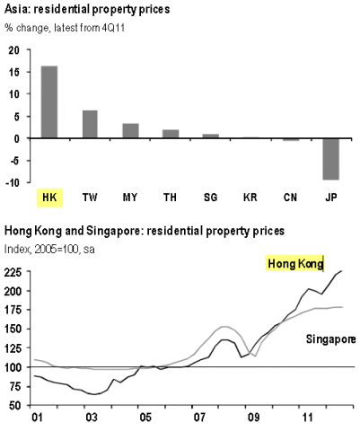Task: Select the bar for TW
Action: pos(89,124)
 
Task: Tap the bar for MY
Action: pos(130,131)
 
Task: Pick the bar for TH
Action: pos(171,134)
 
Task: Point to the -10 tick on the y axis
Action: pos(11,182)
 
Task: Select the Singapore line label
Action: pos(330,339)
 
